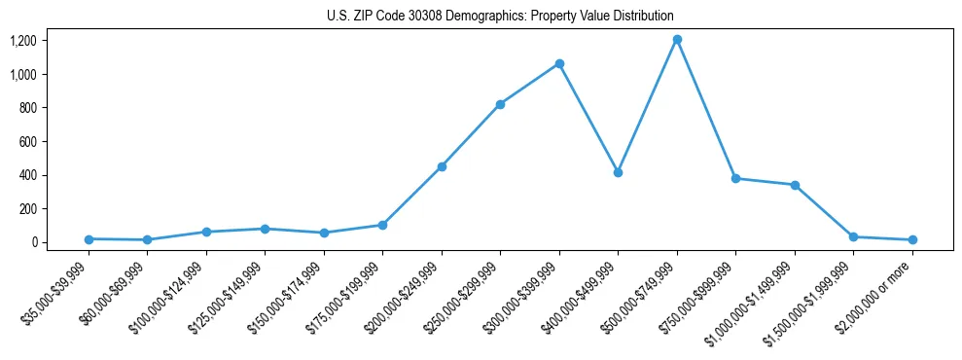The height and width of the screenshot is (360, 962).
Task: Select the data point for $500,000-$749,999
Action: tap(677, 40)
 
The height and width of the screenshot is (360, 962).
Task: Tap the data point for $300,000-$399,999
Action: tap(559, 64)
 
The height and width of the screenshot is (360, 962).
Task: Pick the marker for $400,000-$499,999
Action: tap(618, 172)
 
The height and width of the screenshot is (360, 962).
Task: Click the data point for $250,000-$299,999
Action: tap(500, 104)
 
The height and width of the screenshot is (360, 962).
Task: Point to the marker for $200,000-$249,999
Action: tap(442, 166)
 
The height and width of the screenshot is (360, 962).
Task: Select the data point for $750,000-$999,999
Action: tap(735, 178)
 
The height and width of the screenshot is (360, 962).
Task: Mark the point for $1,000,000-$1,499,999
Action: tap(795, 185)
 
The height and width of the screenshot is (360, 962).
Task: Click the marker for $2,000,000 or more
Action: tap(912, 239)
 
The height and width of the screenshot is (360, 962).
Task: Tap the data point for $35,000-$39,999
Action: tap(89, 238)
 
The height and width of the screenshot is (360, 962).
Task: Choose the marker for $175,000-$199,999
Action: tap(382, 225)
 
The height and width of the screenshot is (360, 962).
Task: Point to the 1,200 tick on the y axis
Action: tap(50, 41)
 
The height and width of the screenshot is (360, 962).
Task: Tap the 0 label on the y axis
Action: tap(60, 242)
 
